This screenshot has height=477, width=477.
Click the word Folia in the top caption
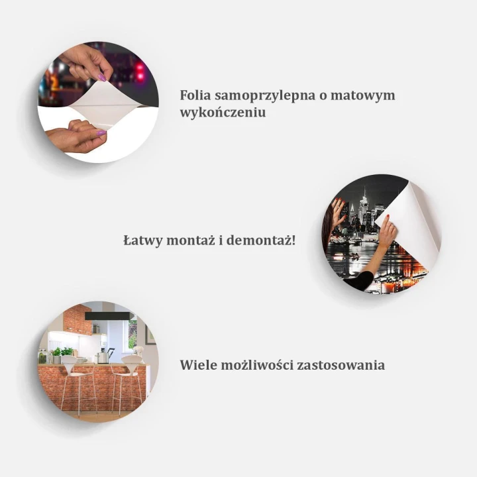(x=195, y=95)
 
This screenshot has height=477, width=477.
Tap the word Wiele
(x=197, y=365)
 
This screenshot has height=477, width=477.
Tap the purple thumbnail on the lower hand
(x=101, y=133)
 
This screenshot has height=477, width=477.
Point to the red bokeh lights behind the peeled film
(x=140, y=72)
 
